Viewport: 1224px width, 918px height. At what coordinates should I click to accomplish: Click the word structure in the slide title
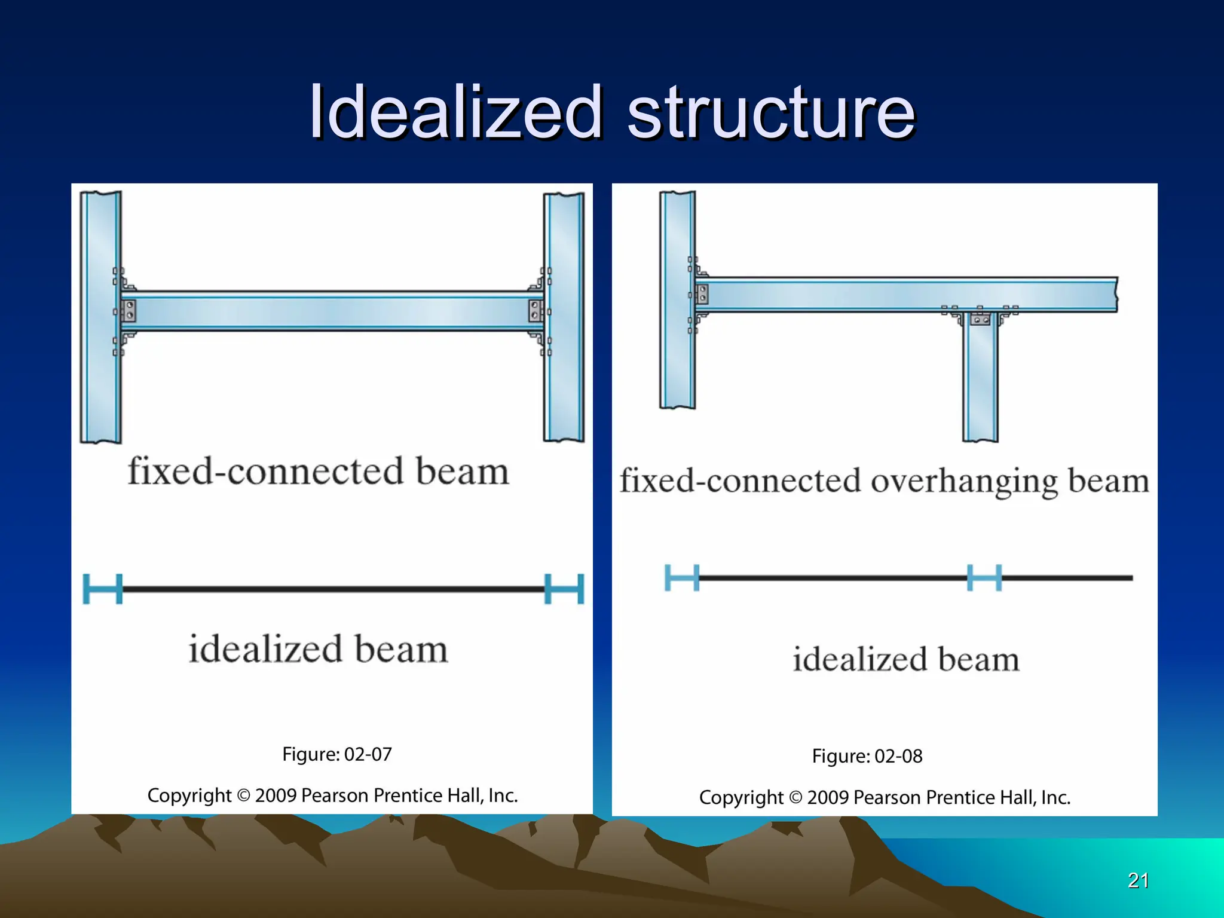point(771,112)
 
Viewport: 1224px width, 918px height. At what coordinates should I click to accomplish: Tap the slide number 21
point(1138,880)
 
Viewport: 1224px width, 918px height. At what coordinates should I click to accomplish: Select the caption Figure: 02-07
point(337,754)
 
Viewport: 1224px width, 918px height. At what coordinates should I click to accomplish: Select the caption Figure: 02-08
point(867,757)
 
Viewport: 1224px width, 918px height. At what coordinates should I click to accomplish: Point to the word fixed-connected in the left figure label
point(265,472)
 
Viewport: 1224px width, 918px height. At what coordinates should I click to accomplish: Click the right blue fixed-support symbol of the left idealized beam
point(564,589)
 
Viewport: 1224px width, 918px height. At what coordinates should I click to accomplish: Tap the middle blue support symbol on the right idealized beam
point(984,578)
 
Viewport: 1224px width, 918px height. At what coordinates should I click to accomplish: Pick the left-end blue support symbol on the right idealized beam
point(682,578)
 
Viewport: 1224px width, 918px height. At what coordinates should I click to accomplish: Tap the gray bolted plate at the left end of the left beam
point(128,311)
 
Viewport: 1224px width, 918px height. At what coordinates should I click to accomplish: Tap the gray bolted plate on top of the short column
point(980,320)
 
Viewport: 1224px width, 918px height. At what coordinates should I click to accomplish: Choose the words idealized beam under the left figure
point(318,650)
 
